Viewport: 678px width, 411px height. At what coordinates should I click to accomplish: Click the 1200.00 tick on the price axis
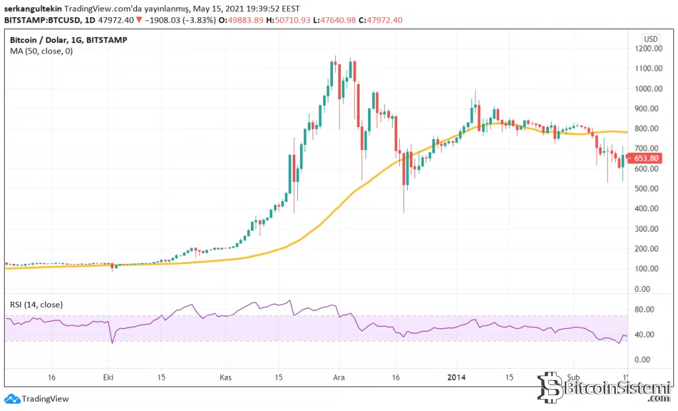point(647,48)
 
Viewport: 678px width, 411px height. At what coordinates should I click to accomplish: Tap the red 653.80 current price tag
point(646,158)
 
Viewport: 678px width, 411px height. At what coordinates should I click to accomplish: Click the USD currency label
point(652,38)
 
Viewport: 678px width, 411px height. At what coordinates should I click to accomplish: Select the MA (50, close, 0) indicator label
point(41,52)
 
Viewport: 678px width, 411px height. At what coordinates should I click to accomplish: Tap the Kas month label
point(226,377)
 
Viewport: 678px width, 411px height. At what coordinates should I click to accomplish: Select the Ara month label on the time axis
point(338,377)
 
